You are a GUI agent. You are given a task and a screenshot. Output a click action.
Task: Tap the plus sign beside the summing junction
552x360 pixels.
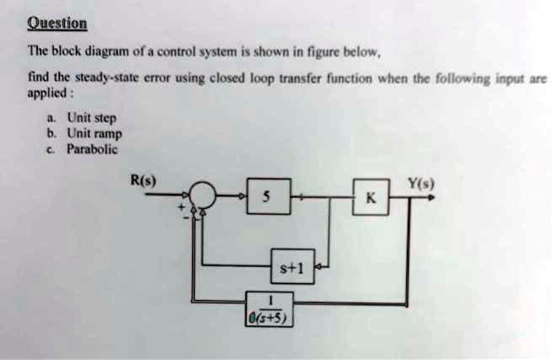point(180,206)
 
